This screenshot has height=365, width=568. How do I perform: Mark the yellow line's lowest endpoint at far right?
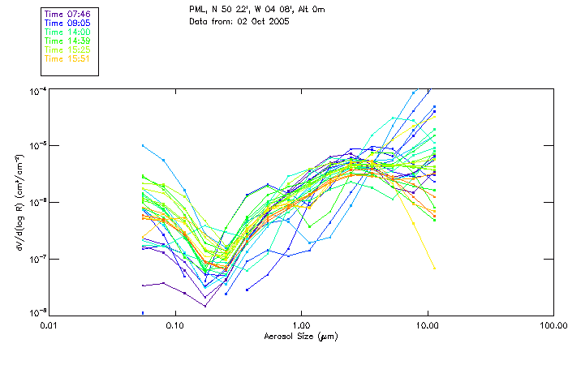434,268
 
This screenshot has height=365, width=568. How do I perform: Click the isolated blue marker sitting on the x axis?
143,312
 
